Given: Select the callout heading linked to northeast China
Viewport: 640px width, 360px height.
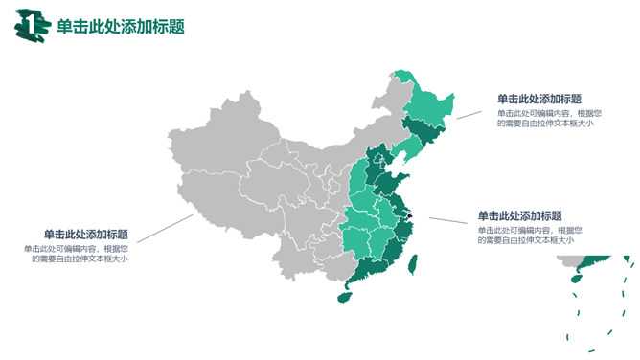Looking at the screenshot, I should (x=538, y=99).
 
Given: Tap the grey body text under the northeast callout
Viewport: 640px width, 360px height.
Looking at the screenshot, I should (x=545, y=118).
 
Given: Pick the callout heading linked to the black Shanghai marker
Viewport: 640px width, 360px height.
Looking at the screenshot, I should (x=519, y=215).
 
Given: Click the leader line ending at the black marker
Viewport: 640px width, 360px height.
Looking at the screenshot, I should (x=450, y=221).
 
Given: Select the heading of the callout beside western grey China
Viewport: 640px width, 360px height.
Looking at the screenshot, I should (x=86, y=235).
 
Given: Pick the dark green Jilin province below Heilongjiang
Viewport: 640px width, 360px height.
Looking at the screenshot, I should (x=420, y=130).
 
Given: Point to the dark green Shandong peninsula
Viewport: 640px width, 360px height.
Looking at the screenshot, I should (x=395, y=183).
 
